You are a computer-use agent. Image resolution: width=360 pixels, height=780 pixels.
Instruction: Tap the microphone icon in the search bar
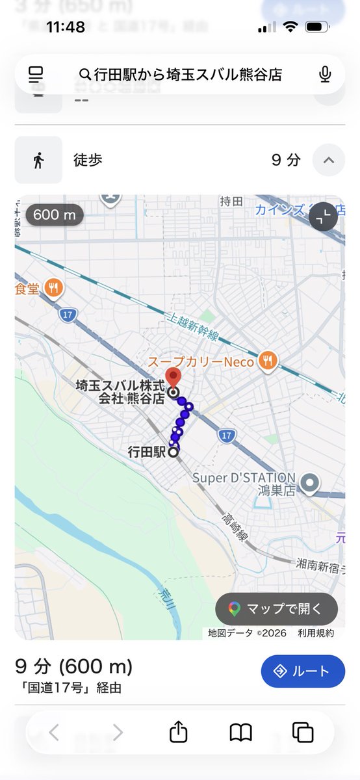pyautogui.click(x=326, y=75)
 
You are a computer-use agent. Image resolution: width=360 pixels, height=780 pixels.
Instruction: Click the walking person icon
pyautogui.click(x=38, y=160)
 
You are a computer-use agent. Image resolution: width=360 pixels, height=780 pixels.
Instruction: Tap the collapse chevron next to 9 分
pyautogui.click(x=328, y=160)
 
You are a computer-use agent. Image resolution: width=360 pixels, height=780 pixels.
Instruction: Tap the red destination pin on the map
pyautogui.click(x=174, y=377)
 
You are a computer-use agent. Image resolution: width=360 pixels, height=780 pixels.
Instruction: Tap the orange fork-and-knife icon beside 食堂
pyautogui.click(x=55, y=288)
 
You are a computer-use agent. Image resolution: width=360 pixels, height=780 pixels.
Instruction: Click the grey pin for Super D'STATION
pyautogui.click(x=311, y=483)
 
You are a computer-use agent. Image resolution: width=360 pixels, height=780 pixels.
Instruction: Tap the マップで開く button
pyautogui.click(x=276, y=609)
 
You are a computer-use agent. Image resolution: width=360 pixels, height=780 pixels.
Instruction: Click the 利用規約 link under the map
pyautogui.click(x=316, y=632)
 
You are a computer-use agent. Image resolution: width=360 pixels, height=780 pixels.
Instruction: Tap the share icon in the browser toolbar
pyautogui.click(x=178, y=733)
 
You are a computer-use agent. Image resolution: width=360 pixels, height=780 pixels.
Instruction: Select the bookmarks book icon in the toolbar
pyautogui.click(x=240, y=733)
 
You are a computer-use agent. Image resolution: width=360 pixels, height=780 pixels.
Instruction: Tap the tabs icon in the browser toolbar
pyautogui.click(x=303, y=733)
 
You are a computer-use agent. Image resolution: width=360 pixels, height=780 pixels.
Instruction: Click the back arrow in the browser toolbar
pyautogui.click(x=54, y=733)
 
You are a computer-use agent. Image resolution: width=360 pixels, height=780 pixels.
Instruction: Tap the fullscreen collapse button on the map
pyautogui.click(x=323, y=218)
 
